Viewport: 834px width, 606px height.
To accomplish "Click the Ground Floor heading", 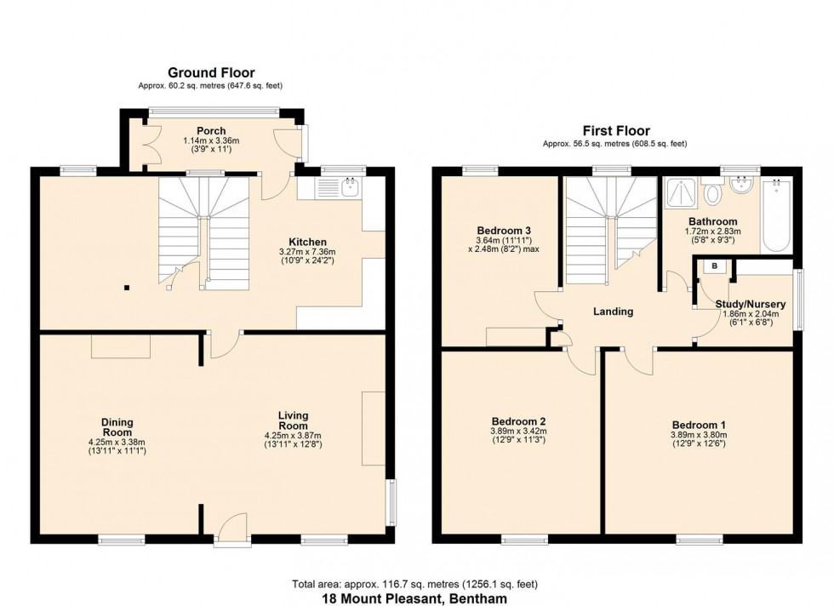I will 211,73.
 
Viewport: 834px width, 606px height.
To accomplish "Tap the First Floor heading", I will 615,131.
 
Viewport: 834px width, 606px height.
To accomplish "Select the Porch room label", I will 210,131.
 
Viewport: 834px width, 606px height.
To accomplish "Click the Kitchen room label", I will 302,243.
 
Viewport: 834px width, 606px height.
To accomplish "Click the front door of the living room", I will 228,532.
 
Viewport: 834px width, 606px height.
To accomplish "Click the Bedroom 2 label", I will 518,421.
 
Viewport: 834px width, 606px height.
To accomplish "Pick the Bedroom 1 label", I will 699,426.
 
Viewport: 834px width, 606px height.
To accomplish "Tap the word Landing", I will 613,312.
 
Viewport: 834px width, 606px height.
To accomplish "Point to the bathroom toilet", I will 713,193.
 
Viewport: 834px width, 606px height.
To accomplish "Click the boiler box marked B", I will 714,266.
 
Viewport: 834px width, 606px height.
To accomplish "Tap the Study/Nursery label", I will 750,304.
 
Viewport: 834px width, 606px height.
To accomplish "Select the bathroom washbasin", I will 743,187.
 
